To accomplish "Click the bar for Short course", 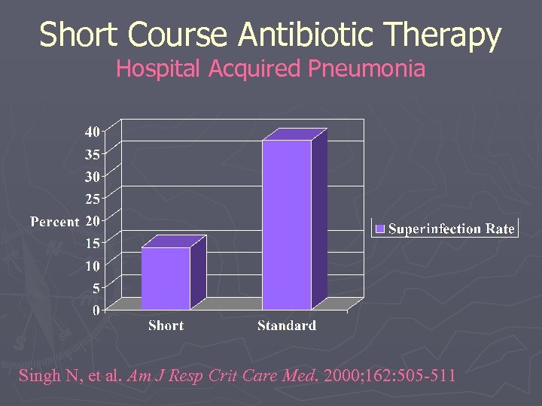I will pyautogui.click(x=166, y=277).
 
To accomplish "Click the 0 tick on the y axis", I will pyautogui.click(x=96, y=310).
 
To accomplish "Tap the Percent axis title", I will pyautogui.click(x=54, y=222).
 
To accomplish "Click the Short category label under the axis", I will pyautogui.click(x=166, y=326).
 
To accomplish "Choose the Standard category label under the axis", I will pyautogui.click(x=287, y=326).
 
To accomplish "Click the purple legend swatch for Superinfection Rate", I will pyautogui.click(x=380, y=229).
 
